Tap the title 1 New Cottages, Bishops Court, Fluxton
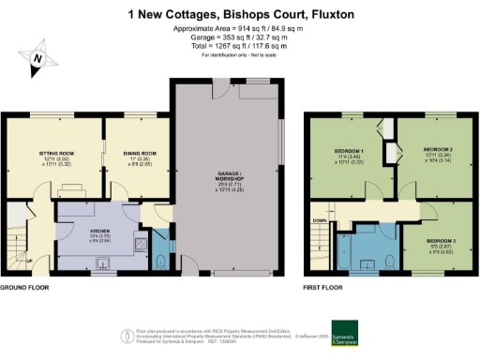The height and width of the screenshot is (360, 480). pyautogui.click(x=239, y=15)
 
